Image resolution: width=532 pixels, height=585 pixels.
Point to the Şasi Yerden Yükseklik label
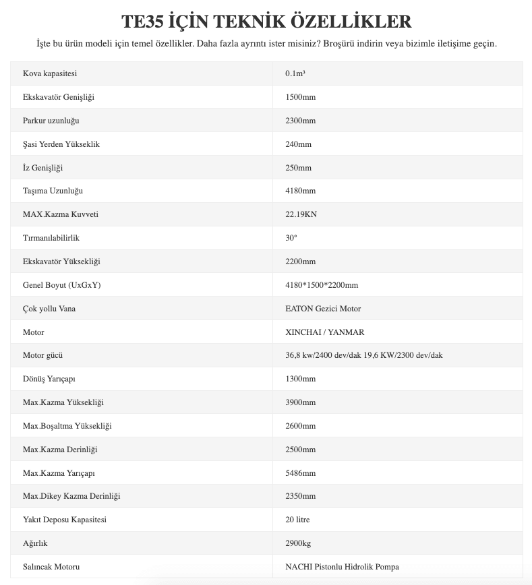tap(61, 144)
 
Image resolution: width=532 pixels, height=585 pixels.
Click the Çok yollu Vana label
tap(50, 309)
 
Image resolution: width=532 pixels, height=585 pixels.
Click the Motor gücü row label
tap(43, 355)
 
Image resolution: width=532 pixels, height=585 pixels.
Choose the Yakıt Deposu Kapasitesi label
tap(65, 520)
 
